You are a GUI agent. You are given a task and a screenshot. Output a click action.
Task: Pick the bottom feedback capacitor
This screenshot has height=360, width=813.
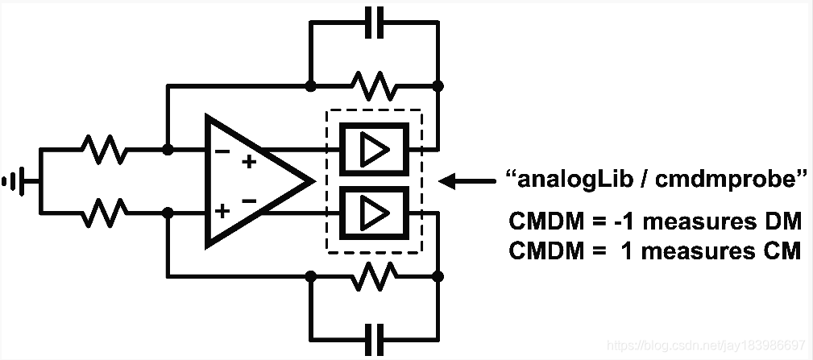click(x=372, y=335)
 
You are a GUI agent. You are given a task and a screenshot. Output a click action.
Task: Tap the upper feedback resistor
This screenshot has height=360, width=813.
click(x=372, y=84)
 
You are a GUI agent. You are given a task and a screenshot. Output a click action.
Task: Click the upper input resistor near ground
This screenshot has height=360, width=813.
click(x=103, y=150)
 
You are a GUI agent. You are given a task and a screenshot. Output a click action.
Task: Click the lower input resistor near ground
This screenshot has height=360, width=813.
click(x=103, y=213)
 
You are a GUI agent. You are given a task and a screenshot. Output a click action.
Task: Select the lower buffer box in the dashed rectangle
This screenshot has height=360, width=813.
click(x=373, y=213)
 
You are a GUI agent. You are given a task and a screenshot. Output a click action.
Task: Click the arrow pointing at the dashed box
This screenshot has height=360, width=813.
click(x=467, y=182)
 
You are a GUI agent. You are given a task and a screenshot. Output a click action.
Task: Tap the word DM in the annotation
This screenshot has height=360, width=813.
click(x=782, y=221)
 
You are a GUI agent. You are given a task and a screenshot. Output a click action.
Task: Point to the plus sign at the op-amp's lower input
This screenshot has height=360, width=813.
click(x=222, y=212)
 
